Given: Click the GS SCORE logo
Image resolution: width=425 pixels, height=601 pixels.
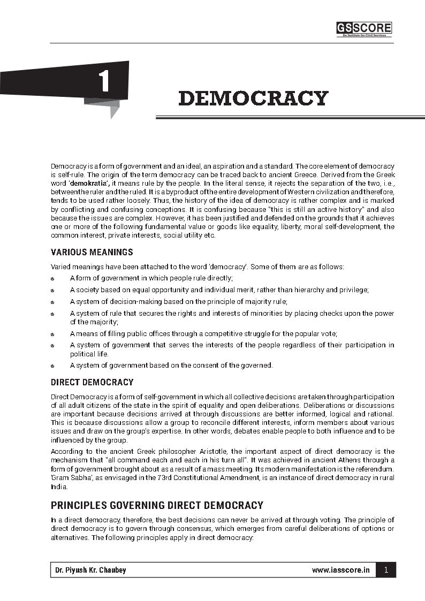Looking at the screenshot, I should pos(363,29).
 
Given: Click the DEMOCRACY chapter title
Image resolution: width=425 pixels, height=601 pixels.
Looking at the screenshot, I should pos(253,98).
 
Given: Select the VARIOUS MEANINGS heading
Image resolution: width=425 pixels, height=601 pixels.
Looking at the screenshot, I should pos(92,252).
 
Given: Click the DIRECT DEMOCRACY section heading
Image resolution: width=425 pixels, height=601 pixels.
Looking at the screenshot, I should pos(92,382).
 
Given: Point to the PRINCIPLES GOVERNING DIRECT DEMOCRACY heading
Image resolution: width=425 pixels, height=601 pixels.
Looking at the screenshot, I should pos(157,505).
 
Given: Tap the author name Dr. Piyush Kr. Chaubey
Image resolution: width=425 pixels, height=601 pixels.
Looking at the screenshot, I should pos(90,570).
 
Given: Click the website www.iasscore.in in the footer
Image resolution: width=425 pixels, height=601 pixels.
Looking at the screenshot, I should pos(340,570).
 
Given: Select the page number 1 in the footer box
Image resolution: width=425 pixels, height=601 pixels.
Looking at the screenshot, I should pos(386,570).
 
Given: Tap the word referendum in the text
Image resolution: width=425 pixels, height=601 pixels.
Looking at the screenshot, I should pos(373,469).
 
